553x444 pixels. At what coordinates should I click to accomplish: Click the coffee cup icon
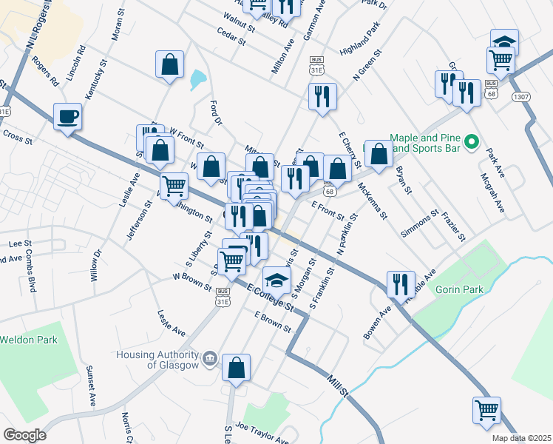click(67, 116)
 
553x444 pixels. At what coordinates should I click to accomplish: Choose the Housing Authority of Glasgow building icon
click(210, 360)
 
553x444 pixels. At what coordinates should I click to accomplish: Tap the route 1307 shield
click(521, 96)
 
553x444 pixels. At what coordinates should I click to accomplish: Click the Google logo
click(24, 434)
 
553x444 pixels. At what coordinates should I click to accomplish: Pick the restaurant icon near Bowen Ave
click(400, 283)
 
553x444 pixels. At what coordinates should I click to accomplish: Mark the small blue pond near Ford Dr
click(197, 78)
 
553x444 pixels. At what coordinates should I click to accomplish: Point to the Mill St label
click(337, 386)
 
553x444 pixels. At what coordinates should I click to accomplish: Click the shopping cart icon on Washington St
click(174, 186)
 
